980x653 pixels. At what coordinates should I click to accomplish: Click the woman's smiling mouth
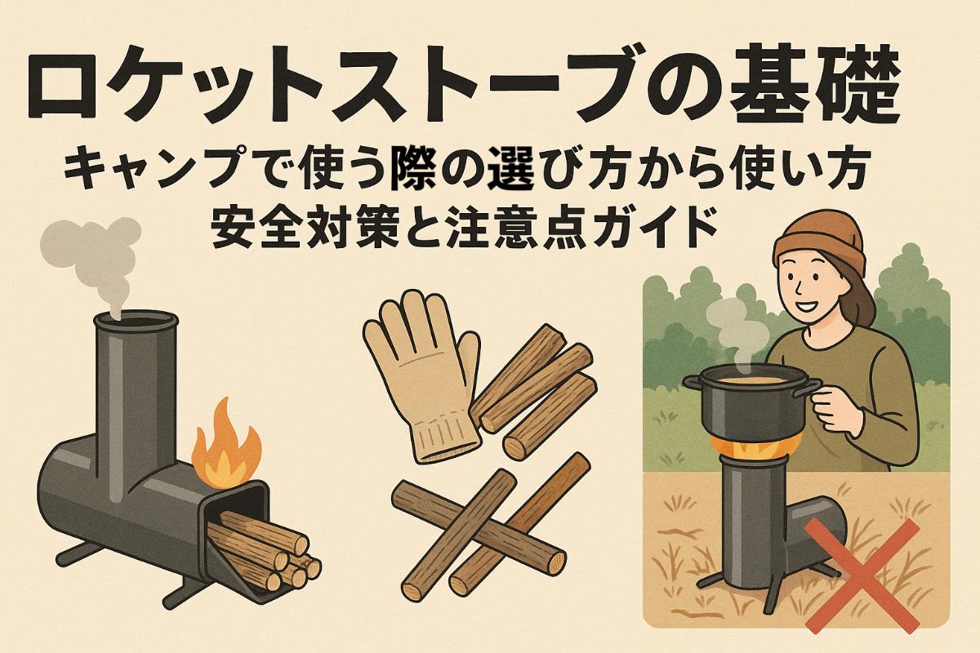point(816,310)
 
